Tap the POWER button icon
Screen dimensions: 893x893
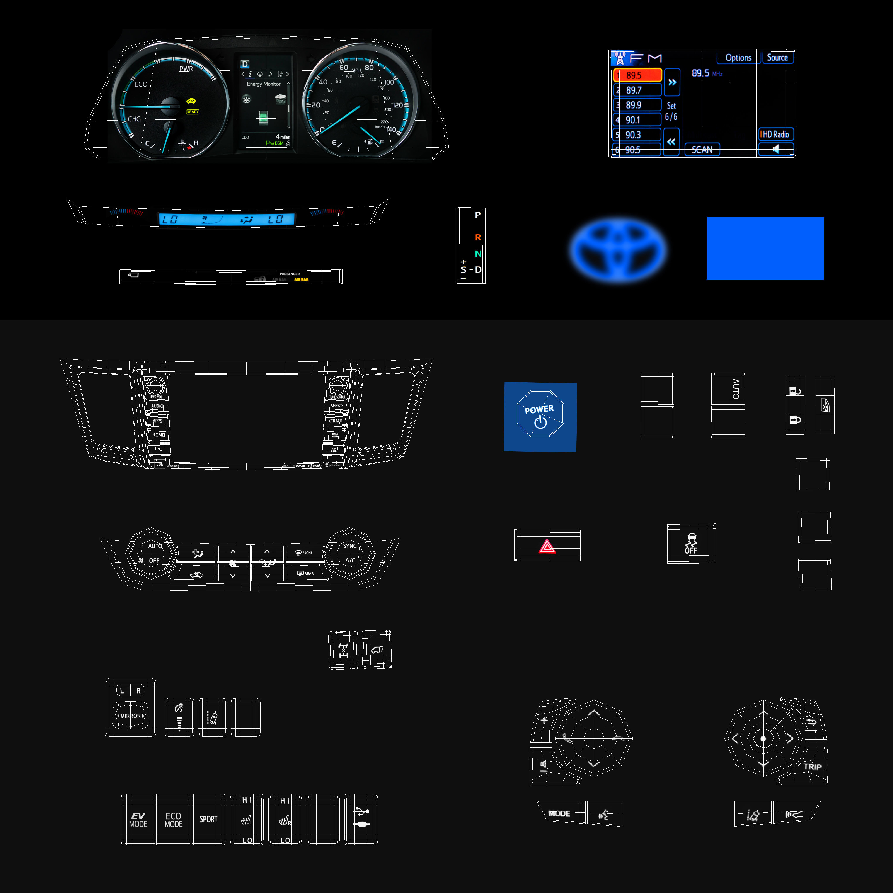(x=540, y=416)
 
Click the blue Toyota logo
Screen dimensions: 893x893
(x=618, y=249)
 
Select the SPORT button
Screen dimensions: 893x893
(x=208, y=819)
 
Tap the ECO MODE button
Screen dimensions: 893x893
(x=173, y=819)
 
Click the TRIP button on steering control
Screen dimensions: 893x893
(x=812, y=766)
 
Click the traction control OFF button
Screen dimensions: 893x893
(x=691, y=544)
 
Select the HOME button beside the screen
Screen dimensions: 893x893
(x=158, y=435)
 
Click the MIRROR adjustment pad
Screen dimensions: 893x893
(x=130, y=716)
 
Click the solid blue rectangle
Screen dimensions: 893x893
(x=765, y=248)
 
